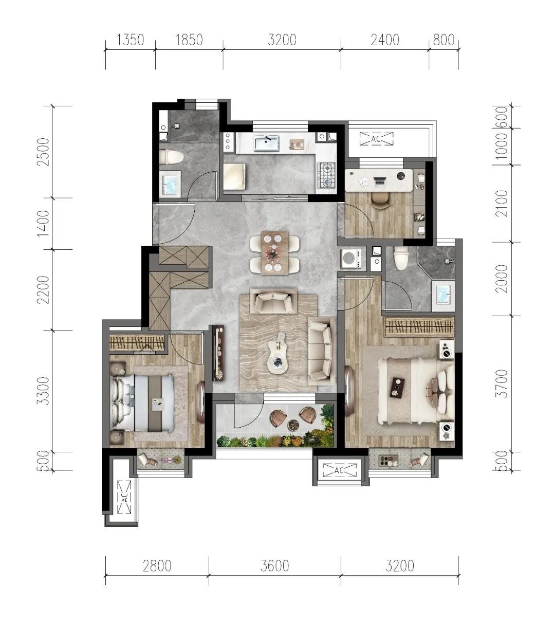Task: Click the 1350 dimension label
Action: [130, 40]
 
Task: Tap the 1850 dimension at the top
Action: [189, 40]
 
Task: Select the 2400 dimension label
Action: [385, 40]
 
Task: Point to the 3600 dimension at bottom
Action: [275, 566]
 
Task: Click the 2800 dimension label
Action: [157, 566]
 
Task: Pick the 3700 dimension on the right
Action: [502, 383]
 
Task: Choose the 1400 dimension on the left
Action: [43, 224]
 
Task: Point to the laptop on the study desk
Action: [380, 181]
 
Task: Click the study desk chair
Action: [380, 200]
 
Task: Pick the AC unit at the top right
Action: [376, 139]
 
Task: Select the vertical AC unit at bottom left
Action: [125, 497]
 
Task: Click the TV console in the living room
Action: [218, 353]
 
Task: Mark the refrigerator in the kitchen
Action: [234, 177]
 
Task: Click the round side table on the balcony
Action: [293, 425]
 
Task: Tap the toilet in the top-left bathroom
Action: [171, 156]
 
